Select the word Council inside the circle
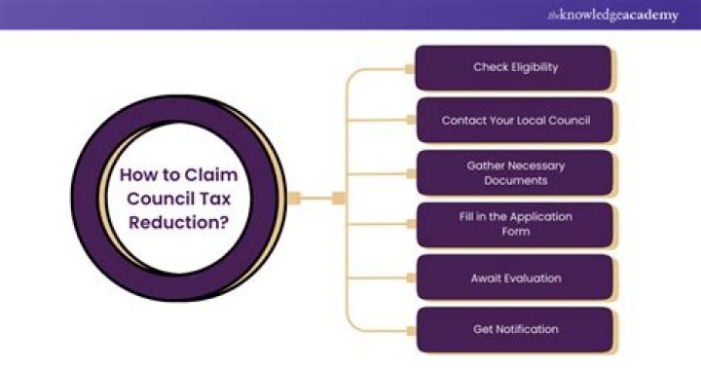pyautogui.click(x=162, y=200)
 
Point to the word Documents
pyautogui.click(x=515, y=180)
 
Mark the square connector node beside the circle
pyautogui.click(x=339, y=198)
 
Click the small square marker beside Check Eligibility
pyautogui.click(x=411, y=68)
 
